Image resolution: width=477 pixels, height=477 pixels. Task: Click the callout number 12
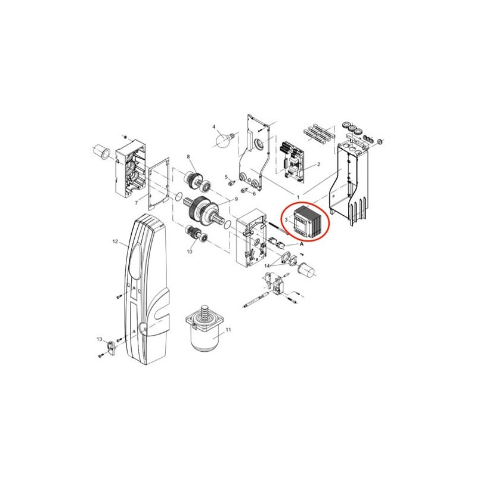pyautogui.click(x=115, y=241)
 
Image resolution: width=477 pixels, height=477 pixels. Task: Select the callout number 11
pyautogui.click(x=228, y=330)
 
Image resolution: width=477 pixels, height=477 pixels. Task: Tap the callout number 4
pyautogui.click(x=213, y=126)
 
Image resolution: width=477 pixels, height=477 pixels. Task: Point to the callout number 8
pyautogui.click(x=188, y=156)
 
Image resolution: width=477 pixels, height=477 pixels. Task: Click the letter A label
pyautogui.click(x=302, y=244)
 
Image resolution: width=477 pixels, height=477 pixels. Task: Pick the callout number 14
pyautogui.click(x=267, y=266)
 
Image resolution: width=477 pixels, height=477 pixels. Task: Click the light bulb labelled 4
pyautogui.click(x=225, y=140)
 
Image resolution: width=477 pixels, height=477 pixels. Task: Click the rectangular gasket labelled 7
pyautogui.click(x=159, y=184)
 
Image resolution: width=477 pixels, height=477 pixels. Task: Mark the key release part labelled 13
pyautogui.click(x=111, y=348)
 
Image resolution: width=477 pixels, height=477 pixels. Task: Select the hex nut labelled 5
pyautogui.click(x=231, y=183)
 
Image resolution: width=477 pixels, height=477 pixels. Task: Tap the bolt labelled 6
pyautogui.click(x=243, y=191)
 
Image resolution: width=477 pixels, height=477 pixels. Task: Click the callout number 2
pyautogui.click(x=318, y=165)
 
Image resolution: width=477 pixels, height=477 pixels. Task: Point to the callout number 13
pyautogui.click(x=100, y=339)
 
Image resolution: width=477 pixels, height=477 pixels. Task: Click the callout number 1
pyautogui.click(x=298, y=197)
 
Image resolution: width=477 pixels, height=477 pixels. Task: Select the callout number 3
pyautogui.click(x=286, y=219)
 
